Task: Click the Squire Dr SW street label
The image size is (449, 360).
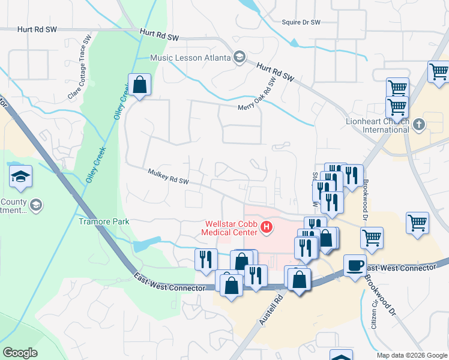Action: (301, 22)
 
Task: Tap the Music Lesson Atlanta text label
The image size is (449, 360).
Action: (190, 58)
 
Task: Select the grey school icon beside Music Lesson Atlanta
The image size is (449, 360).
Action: (239, 57)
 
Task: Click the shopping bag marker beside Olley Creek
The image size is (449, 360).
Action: (139, 85)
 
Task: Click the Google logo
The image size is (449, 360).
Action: (20, 353)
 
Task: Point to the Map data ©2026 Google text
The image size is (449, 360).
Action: (411, 355)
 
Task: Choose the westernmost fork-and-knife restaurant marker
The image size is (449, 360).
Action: (206, 259)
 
